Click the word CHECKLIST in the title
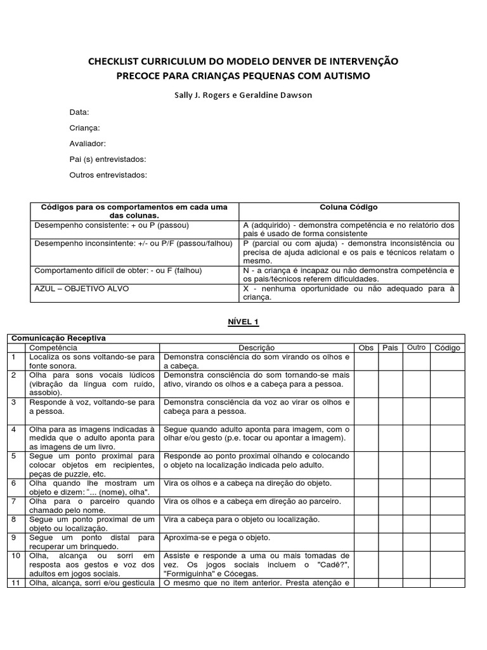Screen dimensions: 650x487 point(115,61)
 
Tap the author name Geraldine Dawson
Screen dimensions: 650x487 point(278,95)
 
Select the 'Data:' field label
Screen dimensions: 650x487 point(79,112)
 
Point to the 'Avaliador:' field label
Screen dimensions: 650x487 point(88,143)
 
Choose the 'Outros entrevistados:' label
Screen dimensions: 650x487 point(108,175)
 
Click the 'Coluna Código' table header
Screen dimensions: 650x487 point(349,208)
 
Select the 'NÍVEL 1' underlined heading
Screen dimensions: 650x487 point(243,322)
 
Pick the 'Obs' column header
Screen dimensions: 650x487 point(366,348)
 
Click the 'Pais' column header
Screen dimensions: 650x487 point(390,348)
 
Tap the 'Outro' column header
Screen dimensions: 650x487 point(416,348)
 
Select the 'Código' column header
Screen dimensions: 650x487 point(447,348)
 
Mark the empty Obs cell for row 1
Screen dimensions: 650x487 point(366,361)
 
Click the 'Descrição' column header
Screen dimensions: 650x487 point(256,348)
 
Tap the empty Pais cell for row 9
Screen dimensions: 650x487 point(390,541)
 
